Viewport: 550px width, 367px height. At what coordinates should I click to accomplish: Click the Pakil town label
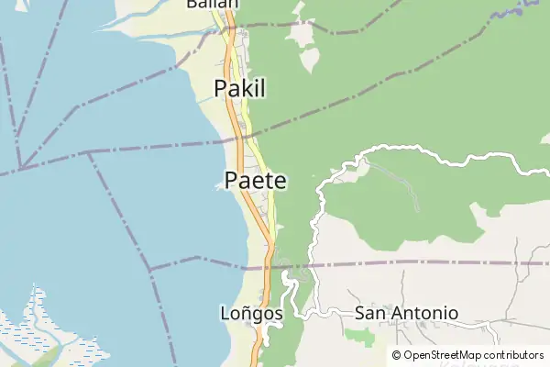[x=239, y=88]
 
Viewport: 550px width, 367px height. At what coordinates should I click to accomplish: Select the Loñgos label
[x=251, y=313]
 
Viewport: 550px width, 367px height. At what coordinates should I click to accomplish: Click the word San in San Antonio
[x=369, y=313]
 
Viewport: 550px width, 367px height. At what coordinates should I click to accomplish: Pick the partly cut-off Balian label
[x=212, y=4]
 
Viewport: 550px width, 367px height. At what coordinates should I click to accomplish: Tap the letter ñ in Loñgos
[x=245, y=313]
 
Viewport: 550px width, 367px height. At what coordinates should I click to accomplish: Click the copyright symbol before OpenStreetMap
[x=396, y=355]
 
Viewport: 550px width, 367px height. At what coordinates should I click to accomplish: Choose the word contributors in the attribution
[x=513, y=355]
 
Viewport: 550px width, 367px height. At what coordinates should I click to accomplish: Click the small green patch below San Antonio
[x=359, y=336]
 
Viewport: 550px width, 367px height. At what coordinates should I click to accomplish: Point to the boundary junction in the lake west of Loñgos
[x=151, y=271]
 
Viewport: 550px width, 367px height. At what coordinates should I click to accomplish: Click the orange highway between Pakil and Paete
[x=237, y=138]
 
